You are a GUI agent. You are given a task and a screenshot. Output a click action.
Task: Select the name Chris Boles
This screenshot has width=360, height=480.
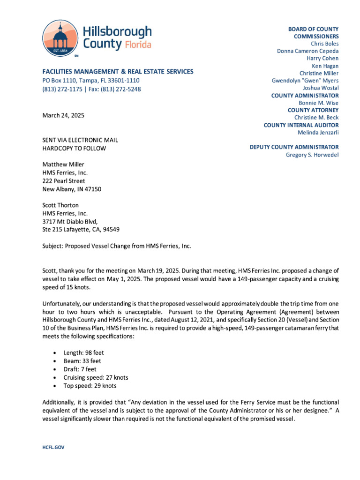coord(324,44)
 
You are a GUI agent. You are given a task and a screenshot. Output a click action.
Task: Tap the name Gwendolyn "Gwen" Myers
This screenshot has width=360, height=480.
coord(305,80)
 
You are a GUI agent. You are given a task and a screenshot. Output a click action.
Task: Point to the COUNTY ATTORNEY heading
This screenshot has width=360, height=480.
coord(313,110)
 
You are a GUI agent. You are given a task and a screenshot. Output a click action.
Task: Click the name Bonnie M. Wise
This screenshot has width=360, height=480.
coord(319,103)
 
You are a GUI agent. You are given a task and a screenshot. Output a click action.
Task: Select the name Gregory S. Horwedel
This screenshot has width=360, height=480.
coord(312,155)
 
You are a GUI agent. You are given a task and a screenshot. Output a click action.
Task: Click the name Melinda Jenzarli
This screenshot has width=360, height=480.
coord(318,132)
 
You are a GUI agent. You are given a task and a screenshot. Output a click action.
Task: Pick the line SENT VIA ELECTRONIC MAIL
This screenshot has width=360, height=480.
coord(80,140)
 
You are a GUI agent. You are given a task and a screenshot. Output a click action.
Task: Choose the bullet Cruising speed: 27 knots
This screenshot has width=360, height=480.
coord(96,377)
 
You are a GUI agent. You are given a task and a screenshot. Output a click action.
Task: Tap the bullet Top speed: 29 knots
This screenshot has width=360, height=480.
coord(90,386)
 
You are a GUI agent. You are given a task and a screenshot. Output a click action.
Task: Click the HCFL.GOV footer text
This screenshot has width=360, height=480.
coord(53,447)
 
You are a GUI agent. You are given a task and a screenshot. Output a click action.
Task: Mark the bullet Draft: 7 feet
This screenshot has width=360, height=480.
coord(80,369)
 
